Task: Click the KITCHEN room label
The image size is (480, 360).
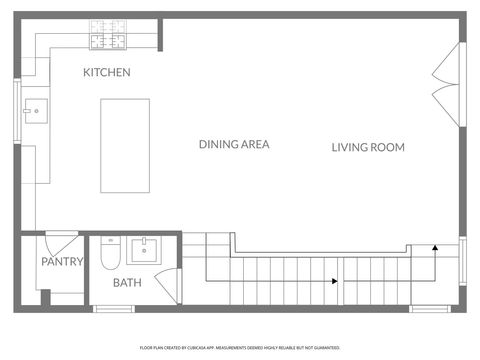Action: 107,72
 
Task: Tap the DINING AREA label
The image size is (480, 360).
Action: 234,145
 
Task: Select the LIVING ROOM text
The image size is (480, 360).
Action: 368,147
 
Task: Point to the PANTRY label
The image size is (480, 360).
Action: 61,262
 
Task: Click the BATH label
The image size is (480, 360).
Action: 127,283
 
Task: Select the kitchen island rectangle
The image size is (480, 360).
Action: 125,146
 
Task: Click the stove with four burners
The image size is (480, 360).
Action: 109,35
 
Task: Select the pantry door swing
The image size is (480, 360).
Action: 60,242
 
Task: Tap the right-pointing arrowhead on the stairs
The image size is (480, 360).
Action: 334,282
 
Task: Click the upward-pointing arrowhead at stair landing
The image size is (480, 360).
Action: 435,245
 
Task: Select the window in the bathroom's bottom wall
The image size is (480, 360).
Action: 114,309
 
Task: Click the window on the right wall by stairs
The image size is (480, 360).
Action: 462,260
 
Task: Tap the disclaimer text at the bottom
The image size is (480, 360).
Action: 240,347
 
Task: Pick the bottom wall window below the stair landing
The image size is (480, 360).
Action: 430,309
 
